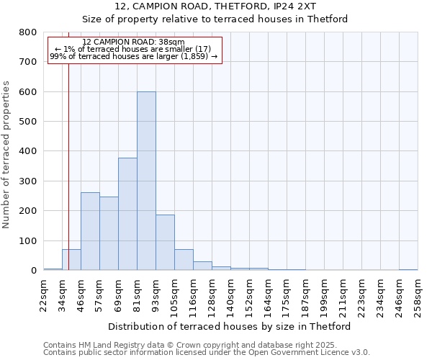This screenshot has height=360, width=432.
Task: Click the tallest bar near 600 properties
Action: (x=146, y=181)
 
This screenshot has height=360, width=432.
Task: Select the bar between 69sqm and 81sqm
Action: (x=127, y=214)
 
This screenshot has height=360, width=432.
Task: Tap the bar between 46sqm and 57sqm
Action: (x=90, y=231)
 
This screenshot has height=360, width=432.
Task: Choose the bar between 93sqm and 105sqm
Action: (x=165, y=243)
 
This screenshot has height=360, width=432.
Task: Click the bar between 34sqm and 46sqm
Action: (x=71, y=260)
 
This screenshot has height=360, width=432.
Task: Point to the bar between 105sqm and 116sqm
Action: (x=184, y=260)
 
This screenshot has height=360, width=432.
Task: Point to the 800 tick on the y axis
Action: (x=29, y=32)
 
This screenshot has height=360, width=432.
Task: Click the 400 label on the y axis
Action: (x=29, y=152)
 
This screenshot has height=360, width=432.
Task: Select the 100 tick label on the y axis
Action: (x=29, y=241)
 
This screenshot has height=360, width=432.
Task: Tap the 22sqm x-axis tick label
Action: (x=44, y=295)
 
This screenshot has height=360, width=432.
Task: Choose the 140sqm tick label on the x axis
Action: (x=230, y=295)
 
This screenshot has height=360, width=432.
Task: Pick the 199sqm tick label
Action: (x=324, y=295)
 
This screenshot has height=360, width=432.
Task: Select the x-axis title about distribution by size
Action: (x=233, y=326)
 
